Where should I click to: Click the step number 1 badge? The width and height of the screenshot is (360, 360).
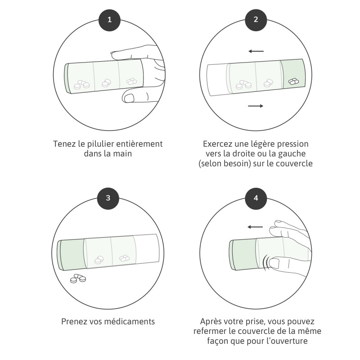click(109, 20)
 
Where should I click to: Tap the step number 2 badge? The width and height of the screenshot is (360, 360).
click(256, 20)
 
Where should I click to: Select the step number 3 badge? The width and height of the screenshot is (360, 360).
click(108, 198)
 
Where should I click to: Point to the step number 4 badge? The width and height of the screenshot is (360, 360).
click(256, 198)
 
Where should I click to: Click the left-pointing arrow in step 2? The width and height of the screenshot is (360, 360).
click(256, 51)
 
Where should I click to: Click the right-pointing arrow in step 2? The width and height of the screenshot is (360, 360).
click(256, 106)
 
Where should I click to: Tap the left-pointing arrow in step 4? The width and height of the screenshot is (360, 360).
click(255, 227)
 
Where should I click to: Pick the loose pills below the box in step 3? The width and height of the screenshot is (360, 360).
click(78, 278)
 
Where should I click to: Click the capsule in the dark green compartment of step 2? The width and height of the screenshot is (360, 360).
click(294, 81)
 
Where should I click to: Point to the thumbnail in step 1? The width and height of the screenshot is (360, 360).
click(129, 98)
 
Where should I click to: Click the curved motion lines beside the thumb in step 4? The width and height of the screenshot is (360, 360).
click(266, 262)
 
